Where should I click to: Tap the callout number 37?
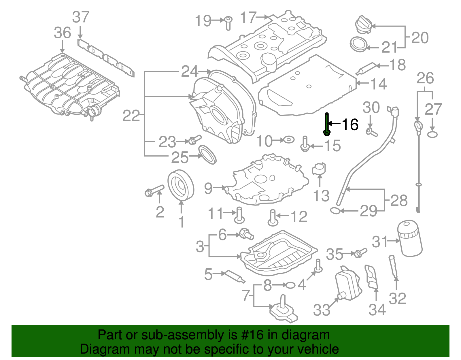(81, 17)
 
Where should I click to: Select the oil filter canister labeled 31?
(410, 238)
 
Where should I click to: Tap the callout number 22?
(131, 116)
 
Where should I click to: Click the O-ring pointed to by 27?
(432, 134)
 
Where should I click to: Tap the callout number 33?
(322, 310)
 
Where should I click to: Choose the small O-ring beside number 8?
(290, 285)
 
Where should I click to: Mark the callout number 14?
(379, 84)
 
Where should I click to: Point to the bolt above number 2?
(154, 191)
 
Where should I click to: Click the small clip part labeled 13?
(319, 169)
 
